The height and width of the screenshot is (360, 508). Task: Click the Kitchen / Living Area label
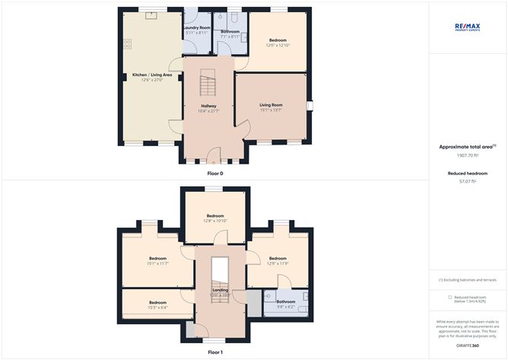152,75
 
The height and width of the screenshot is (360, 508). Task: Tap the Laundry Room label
197,27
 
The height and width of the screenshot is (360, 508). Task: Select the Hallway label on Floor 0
209,106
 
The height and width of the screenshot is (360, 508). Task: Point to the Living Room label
271,105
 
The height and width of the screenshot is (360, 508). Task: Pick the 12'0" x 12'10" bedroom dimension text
279,45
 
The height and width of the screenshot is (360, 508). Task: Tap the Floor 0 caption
216,174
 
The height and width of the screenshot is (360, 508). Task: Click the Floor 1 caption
216,352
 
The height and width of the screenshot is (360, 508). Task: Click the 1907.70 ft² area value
466,155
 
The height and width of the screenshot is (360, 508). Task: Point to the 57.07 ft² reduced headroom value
466,182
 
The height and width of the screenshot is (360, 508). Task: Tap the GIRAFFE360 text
467,346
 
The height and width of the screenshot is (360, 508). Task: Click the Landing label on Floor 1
219,290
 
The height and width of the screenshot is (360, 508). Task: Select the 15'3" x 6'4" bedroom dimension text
157,307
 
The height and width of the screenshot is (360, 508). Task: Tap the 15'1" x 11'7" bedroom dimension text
157,263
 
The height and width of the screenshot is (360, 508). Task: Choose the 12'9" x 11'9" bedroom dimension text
278,263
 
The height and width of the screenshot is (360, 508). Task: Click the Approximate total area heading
466,146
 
